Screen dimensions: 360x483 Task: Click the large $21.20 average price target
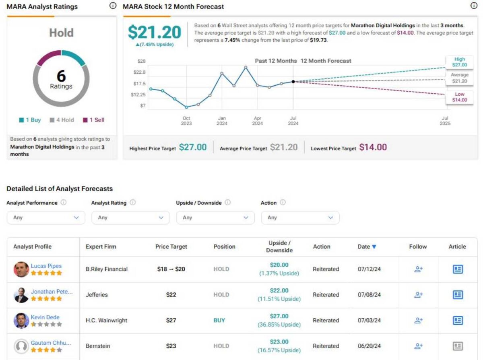[x=154, y=33]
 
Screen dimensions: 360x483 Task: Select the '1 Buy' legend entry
[x=30, y=120]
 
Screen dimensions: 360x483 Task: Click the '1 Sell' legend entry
[x=93, y=120]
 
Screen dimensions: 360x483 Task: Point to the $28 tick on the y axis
[x=141, y=61]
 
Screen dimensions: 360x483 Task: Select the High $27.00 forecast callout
[x=460, y=62]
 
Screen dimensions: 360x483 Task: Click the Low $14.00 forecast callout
[x=460, y=97]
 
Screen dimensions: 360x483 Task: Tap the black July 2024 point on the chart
[x=293, y=82]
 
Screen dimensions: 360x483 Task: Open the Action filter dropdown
[x=300, y=218]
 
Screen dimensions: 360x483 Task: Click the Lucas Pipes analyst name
[x=46, y=266]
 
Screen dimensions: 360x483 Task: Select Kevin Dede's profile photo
[x=21, y=321]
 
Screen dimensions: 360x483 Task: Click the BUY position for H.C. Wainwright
[x=219, y=321]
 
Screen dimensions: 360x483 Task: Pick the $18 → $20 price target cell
[x=171, y=269]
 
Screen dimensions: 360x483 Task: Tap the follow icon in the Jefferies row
[x=418, y=295]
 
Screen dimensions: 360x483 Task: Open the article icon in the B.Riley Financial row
[x=458, y=269]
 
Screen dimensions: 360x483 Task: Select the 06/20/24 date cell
[x=369, y=346]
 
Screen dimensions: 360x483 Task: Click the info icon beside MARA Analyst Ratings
[x=113, y=6]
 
